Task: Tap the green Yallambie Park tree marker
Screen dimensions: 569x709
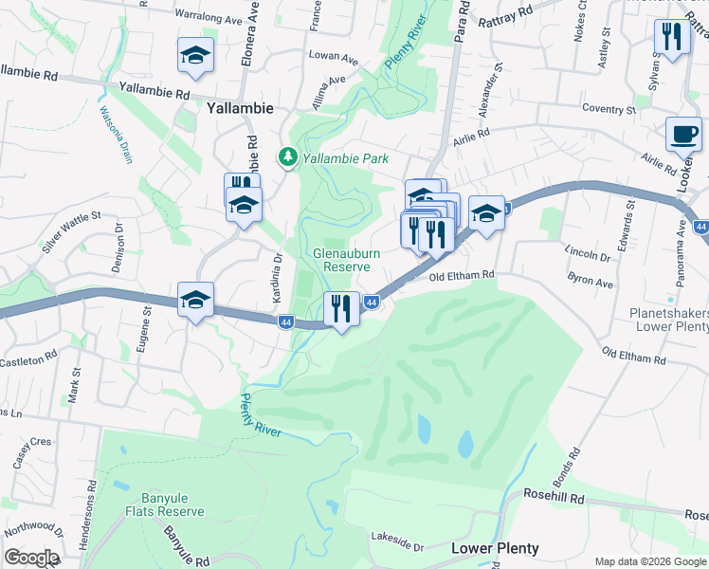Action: click(285, 156)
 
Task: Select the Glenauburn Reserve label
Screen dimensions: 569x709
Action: click(342, 260)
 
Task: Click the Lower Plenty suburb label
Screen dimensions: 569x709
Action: click(495, 548)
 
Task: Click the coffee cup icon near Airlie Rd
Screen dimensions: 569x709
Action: click(683, 136)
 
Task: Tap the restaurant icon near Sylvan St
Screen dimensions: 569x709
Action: click(671, 38)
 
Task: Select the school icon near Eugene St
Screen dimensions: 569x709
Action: click(195, 301)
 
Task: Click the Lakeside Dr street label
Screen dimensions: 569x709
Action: click(399, 542)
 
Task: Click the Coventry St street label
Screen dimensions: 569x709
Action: click(609, 109)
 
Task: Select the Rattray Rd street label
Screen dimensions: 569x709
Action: click(509, 18)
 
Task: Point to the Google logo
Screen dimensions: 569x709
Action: click(31, 558)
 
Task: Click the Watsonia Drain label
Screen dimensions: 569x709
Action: click(114, 134)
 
